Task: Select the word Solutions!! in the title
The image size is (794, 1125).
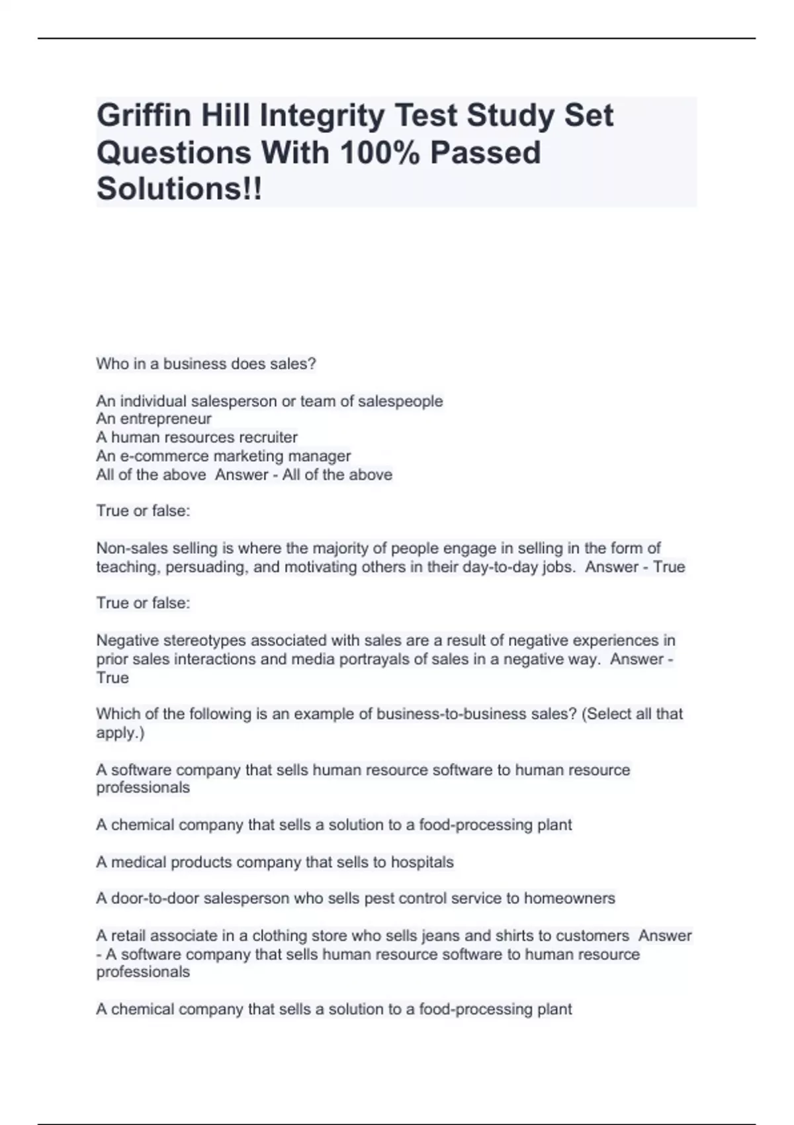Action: point(179,189)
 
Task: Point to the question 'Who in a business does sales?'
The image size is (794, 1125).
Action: point(206,364)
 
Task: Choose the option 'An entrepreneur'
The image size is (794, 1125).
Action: point(154,419)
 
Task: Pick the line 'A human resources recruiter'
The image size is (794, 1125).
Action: point(197,437)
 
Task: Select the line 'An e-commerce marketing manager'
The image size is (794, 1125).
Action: point(223,456)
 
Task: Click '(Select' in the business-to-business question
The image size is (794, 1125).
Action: point(605,714)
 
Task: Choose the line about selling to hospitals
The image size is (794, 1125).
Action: point(275,862)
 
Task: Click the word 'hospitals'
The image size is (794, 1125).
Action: point(422,862)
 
